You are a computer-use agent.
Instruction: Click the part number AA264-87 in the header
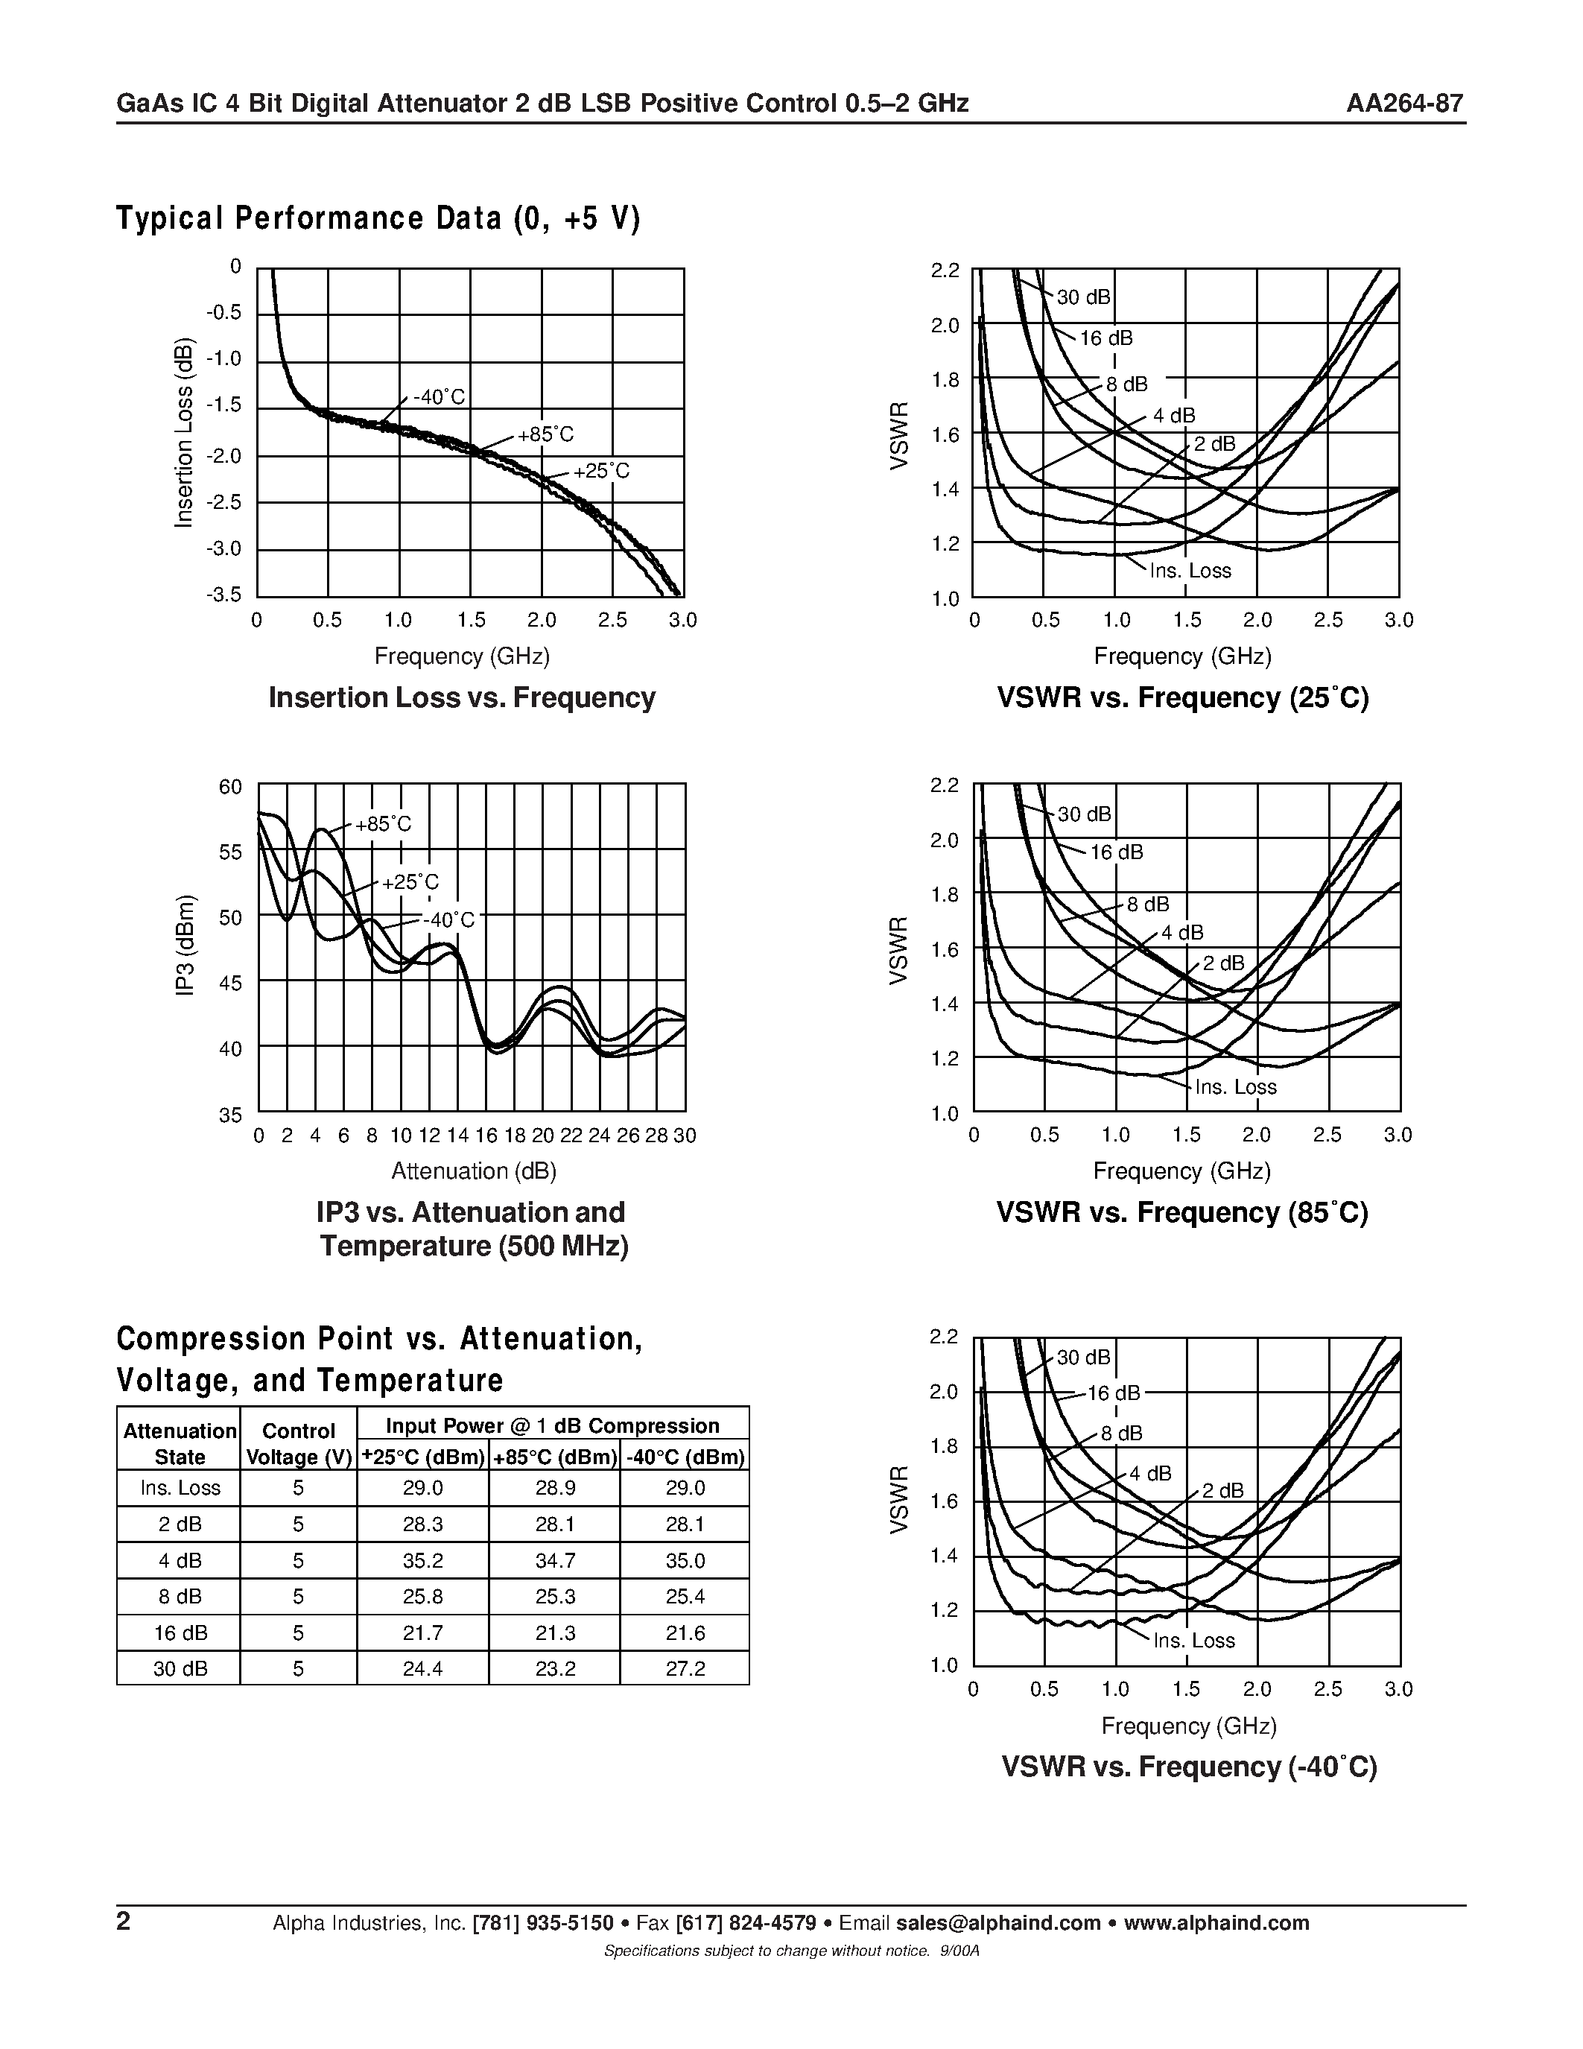click(x=1404, y=104)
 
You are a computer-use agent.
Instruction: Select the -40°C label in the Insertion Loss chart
click(x=439, y=397)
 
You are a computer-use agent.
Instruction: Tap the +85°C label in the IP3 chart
click(x=383, y=824)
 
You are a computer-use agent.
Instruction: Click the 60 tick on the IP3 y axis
click(x=231, y=787)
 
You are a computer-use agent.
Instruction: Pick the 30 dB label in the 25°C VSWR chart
click(x=1083, y=297)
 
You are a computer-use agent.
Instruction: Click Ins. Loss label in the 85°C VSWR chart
click(x=1235, y=1086)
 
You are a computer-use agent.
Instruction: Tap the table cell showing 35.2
click(x=423, y=1560)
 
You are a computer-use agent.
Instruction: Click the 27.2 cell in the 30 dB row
click(x=685, y=1668)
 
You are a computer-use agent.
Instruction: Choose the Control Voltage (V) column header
click(x=298, y=1444)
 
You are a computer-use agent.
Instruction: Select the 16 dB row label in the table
click(x=179, y=1632)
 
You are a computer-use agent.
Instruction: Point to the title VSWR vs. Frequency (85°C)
click(x=1181, y=1213)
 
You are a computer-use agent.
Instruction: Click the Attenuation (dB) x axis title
click(x=474, y=1171)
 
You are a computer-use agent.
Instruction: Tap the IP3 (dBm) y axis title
click(x=185, y=946)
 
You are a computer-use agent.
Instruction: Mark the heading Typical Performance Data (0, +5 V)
click(x=378, y=218)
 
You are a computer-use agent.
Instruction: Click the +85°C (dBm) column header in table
click(x=554, y=1457)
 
